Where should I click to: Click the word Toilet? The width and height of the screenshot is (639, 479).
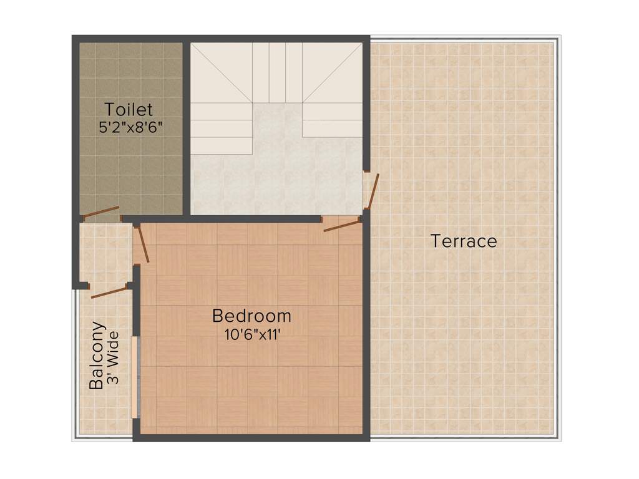coord(129,109)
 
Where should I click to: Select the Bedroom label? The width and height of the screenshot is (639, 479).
coord(251,316)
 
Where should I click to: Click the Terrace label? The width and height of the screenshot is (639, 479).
coord(464,241)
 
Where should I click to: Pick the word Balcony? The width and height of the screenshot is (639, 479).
coord(97,356)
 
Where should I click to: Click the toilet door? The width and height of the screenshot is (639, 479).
coord(101,212)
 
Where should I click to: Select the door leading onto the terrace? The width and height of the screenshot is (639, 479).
coord(373,190)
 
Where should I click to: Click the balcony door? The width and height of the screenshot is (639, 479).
coord(109,292)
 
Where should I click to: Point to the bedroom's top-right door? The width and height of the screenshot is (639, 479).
coord(341,225)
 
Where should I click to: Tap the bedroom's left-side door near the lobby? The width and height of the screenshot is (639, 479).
coord(142,244)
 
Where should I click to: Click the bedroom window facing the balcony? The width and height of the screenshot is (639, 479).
coord(134,377)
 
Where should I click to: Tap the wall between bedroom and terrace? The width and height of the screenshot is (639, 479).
coord(366,324)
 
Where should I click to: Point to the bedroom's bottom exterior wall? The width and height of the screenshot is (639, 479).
coord(250,438)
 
